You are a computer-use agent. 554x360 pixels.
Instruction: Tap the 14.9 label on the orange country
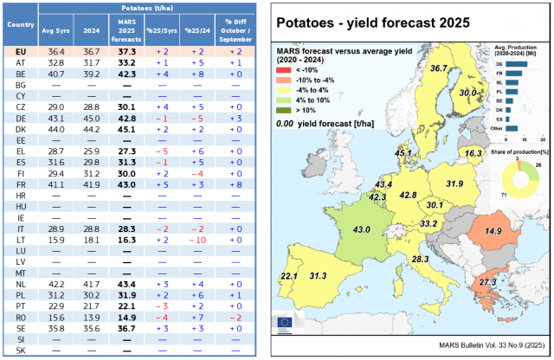(493, 231)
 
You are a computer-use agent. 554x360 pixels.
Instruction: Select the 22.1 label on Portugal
(289, 276)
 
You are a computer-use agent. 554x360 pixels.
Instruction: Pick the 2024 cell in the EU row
(91, 52)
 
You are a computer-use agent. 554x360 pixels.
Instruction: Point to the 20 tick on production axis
(542, 138)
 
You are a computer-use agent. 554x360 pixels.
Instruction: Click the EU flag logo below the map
(285, 322)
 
